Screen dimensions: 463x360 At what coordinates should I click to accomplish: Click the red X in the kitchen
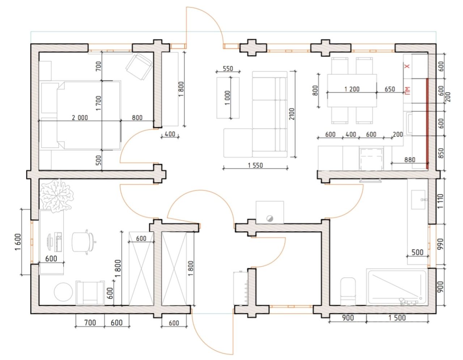pyautogui.click(x=407, y=67)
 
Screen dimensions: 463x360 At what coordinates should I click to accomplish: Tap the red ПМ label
pyautogui.click(x=407, y=90)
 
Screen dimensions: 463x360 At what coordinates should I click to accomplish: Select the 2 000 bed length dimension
pyautogui.click(x=80, y=117)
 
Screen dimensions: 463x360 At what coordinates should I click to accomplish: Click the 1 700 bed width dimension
pyautogui.click(x=98, y=103)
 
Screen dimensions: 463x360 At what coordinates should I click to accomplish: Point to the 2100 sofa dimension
pyautogui.click(x=292, y=114)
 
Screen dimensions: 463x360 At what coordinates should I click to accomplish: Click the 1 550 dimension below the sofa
pyautogui.click(x=255, y=165)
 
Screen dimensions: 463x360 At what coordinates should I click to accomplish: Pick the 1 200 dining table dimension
pyautogui.click(x=352, y=89)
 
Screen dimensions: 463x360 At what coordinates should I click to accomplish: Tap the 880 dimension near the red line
pyautogui.click(x=409, y=160)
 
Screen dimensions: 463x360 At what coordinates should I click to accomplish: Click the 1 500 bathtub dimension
pyautogui.click(x=397, y=318)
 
